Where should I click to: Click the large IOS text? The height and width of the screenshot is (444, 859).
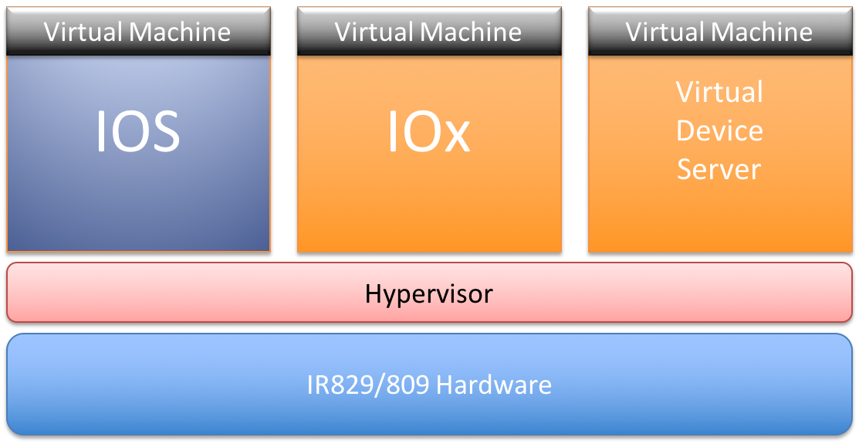(x=138, y=131)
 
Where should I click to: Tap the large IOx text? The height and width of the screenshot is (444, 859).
(x=429, y=131)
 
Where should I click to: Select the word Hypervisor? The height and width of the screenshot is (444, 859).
(x=429, y=294)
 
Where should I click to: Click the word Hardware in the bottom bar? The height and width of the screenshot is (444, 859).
(x=494, y=385)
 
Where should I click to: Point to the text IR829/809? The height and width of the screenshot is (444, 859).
(x=368, y=385)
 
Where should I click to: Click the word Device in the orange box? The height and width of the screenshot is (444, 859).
(x=719, y=131)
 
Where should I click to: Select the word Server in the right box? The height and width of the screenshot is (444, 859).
(x=719, y=169)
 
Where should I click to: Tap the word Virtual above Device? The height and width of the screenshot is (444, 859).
(x=719, y=92)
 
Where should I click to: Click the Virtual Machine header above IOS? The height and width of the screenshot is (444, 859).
(x=138, y=31)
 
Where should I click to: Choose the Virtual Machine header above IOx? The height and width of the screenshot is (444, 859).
(x=429, y=31)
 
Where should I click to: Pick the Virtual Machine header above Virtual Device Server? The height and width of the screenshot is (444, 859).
(x=720, y=31)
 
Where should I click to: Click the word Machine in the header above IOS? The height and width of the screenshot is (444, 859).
(x=180, y=31)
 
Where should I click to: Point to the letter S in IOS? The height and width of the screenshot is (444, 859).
(x=165, y=131)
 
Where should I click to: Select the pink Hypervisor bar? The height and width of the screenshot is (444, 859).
(x=429, y=292)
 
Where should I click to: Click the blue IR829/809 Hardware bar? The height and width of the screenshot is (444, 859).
(x=429, y=385)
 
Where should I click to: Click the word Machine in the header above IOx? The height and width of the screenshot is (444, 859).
(x=471, y=31)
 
